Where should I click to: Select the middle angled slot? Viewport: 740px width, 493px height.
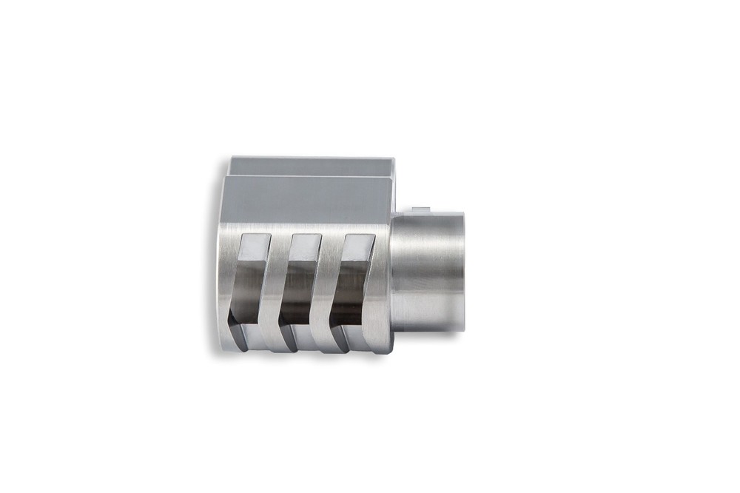point(299,285)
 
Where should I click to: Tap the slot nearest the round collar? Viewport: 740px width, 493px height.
point(350,285)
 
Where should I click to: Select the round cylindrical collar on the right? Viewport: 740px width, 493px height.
point(427,270)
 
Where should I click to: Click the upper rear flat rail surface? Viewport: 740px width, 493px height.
point(311,165)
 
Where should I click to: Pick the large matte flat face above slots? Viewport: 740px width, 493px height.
point(303,198)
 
